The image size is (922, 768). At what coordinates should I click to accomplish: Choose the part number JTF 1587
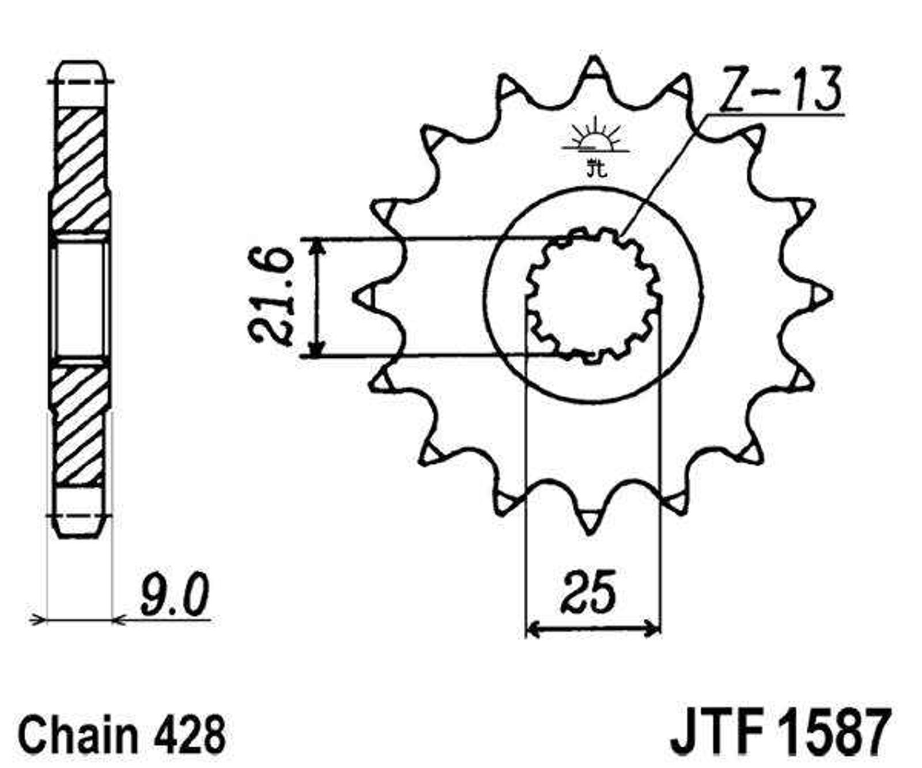tap(781, 733)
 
